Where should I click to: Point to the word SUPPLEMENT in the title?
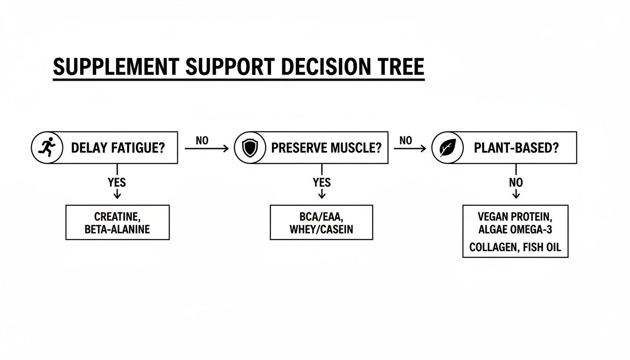[x=115, y=67]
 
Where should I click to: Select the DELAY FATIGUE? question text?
[x=118, y=148]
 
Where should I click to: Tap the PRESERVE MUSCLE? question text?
[x=326, y=148]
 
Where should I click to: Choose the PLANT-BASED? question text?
[x=516, y=148]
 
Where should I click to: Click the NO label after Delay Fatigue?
[x=202, y=141]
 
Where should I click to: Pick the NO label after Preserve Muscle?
[x=406, y=140]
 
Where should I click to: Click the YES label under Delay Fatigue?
[x=117, y=182]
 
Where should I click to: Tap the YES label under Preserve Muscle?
[x=322, y=182]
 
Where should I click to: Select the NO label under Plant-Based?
[x=516, y=182]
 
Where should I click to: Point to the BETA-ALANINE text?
[x=117, y=229]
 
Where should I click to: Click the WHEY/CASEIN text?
[x=321, y=229]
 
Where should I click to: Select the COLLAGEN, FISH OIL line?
[x=515, y=247]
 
